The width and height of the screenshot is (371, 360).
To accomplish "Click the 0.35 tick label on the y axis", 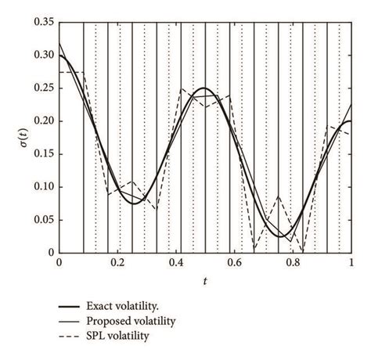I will point(44,23).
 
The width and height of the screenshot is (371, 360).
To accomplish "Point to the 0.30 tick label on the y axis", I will point(44,56).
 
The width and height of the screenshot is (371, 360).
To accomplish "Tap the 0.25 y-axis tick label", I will point(44,88).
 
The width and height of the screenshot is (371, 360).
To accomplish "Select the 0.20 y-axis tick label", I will point(44,121).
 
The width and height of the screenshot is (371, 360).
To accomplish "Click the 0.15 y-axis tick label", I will point(44,154).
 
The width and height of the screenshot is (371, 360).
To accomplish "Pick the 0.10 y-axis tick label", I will point(44,187).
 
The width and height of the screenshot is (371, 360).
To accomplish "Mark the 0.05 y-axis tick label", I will point(44,220).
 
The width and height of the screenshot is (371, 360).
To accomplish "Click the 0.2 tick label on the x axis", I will point(117,265).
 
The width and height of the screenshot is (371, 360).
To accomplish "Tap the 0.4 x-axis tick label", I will point(176,265).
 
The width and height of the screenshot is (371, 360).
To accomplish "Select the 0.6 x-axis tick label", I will point(235,265).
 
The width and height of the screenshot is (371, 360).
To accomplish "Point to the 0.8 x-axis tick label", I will point(294,265).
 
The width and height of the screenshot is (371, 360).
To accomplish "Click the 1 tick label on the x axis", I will point(352,265).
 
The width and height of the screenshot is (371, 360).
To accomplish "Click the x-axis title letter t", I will point(206,280).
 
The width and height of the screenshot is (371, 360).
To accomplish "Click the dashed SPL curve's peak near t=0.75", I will point(278,196).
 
